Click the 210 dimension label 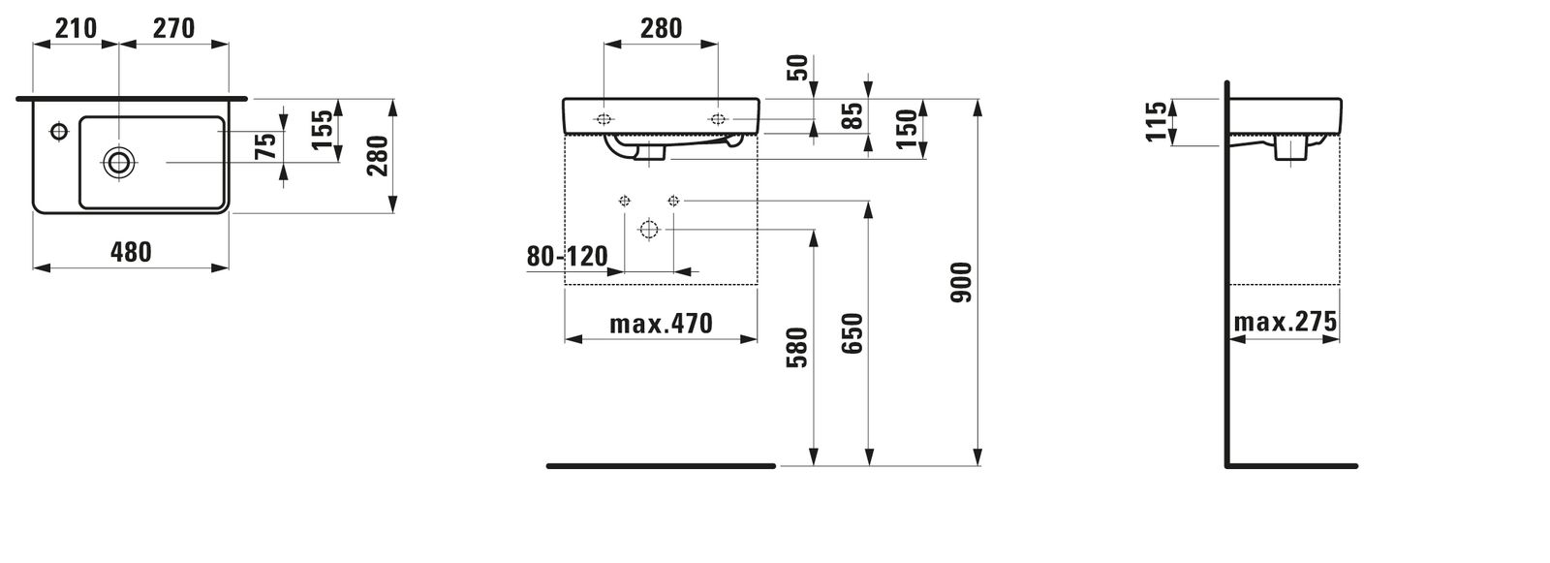point(76,28)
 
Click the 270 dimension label point(173,28)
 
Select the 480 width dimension point(131,252)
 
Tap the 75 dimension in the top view point(266,145)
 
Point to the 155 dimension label point(323,130)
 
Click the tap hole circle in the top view point(59,130)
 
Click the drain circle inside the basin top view point(119,163)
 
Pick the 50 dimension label point(798,68)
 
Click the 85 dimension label point(854,115)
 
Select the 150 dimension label point(907,129)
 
